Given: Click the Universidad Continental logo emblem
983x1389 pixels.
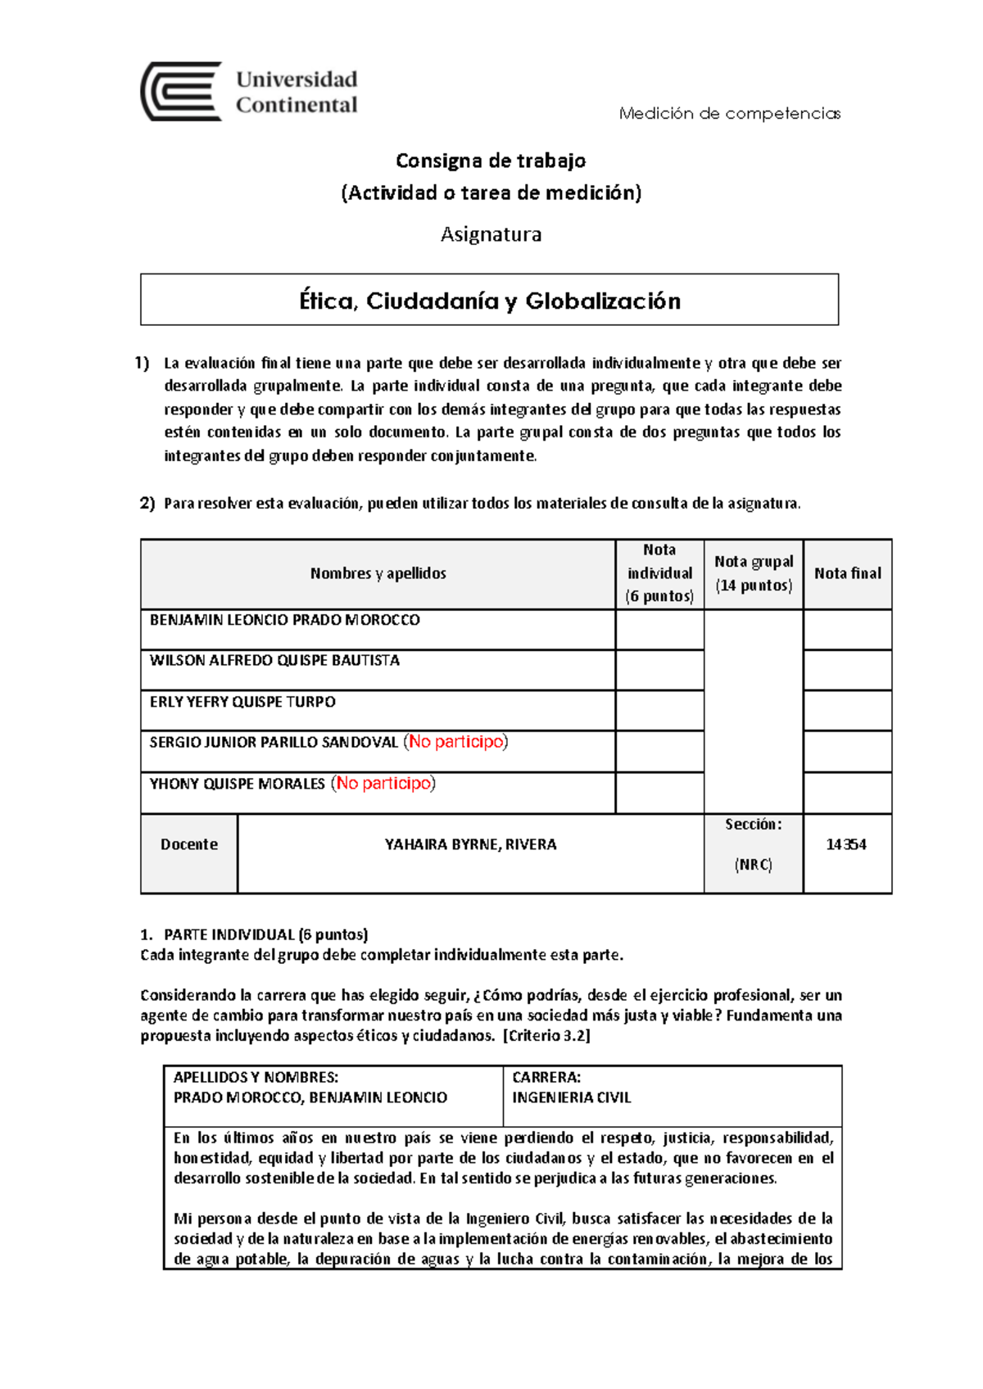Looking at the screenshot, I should pos(181,92).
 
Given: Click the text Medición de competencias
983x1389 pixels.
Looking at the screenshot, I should pos(729,114).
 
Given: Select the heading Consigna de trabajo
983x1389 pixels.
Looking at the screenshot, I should pos(491,161).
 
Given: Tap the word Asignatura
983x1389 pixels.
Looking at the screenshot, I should pos(491,234).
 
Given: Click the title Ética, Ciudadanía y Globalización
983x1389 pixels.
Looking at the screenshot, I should pos(490,301).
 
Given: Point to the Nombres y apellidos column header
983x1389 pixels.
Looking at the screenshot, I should pos(378,574).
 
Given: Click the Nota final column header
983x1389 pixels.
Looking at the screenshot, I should pos(847,574).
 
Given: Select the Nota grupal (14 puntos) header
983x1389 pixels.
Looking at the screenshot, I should pos(754,573).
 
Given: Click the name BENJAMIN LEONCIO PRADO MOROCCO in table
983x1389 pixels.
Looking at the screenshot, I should pos(284,621).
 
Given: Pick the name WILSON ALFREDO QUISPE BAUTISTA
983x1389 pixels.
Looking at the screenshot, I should pos(274,661).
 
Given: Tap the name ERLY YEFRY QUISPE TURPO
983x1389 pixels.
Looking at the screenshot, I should pos(242,702).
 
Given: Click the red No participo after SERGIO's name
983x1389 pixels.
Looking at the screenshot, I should pos(456,742).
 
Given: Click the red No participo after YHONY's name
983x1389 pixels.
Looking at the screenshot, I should pos(383,784).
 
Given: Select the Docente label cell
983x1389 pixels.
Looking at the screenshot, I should pos(189,844).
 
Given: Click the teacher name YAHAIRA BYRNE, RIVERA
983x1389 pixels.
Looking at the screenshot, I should pos(470,844).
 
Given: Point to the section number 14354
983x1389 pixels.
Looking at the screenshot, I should pos(846,844).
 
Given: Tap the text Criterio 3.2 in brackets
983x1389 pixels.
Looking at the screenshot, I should pos(546,1035).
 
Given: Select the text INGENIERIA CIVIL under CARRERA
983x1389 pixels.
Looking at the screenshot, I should pos(571,1097).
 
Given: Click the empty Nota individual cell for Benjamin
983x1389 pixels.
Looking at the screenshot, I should pos(659,630).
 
